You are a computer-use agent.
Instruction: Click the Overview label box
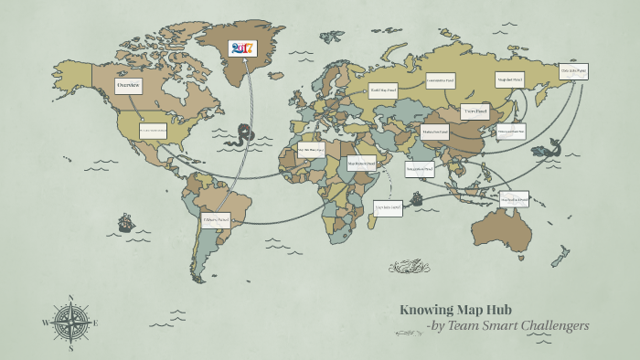point(128,86)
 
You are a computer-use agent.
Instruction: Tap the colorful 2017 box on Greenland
point(243,48)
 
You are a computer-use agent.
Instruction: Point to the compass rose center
point(70,322)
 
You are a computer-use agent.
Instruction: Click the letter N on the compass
point(70,297)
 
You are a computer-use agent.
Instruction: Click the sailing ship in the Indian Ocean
point(415,198)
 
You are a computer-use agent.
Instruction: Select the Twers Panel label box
point(475,112)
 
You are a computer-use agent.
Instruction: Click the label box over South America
point(215,220)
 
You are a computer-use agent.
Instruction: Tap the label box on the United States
point(153,132)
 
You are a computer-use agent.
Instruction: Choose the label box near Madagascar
point(389,209)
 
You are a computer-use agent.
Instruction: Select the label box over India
point(420,169)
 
